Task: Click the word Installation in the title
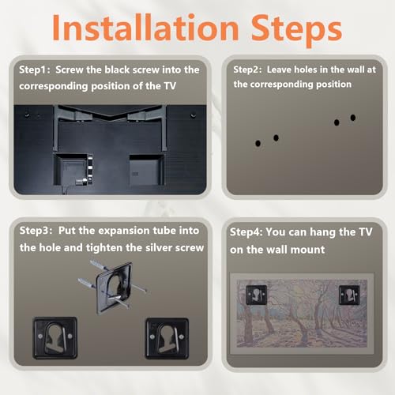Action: point(145,28)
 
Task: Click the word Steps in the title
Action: point(296,30)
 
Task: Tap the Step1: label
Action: point(35,70)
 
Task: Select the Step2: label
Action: point(247,70)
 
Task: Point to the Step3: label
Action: point(36,231)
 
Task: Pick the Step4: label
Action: point(246,232)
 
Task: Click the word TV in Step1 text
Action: point(170,86)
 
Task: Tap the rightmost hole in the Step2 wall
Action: point(353,118)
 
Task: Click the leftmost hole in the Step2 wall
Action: point(258,144)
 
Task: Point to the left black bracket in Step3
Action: point(55,338)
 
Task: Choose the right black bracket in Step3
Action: point(167,339)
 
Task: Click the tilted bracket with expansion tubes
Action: point(114,287)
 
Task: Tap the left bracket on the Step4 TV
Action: point(256,295)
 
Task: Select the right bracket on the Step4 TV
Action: point(349,295)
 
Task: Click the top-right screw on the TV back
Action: point(193,115)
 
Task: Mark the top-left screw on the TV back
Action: point(27,115)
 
